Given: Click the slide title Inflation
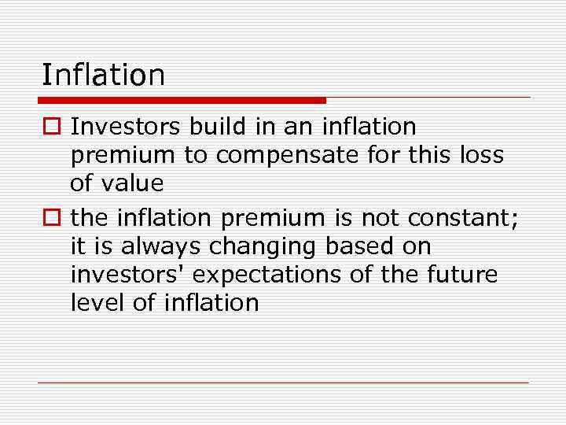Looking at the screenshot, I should pyautogui.click(x=103, y=76).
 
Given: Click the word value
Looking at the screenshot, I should pyautogui.click(x=135, y=183).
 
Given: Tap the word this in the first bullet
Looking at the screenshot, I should pyautogui.click(x=432, y=155).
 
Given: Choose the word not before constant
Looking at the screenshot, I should pyautogui.click(x=379, y=216).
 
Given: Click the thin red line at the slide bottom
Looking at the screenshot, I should pyautogui.click(x=283, y=382).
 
